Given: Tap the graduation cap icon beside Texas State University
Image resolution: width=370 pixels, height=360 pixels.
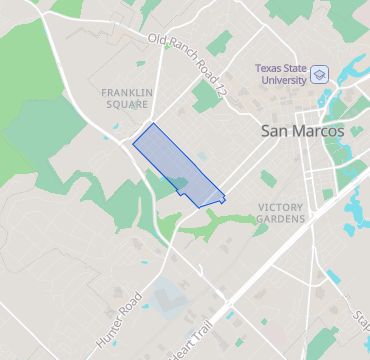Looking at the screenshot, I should tap(319, 75).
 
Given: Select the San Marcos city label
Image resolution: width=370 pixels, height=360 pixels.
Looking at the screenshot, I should tap(302, 131).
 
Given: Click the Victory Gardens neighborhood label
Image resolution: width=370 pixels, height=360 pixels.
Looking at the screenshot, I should tap(280, 212).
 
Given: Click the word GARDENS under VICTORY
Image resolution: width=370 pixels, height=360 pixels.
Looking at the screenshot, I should tap(280, 218).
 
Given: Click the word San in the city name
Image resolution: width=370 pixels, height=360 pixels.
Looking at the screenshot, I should tap(275, 131).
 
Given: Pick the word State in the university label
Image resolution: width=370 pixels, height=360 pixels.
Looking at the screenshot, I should tap(293, 68).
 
